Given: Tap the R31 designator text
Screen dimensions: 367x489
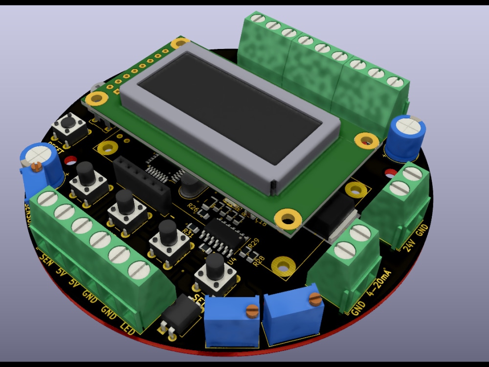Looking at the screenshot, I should point(188,231).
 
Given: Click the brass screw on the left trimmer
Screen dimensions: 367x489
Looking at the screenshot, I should point(252,309).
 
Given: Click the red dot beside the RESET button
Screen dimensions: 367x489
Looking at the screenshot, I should point(70,160).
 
